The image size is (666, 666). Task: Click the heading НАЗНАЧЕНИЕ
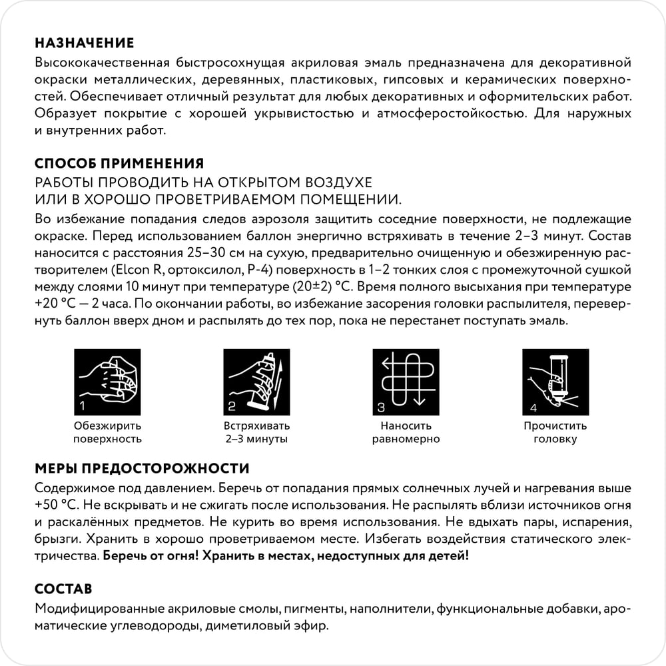pyautogui.click(x=84, y=44)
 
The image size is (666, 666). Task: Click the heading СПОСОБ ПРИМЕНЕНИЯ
pyautogui.click(x=119, y=164)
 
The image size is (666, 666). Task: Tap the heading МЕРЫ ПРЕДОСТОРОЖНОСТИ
pyautogui.click(x=142, y=468)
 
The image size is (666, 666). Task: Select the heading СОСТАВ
pyautogui.click(x=63, y=589)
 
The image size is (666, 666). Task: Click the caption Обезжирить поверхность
pyautogui.click(x=107, y=432)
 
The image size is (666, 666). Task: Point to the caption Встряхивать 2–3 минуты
pyautogui.click(x=256, y=432)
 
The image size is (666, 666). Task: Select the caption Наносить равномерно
pyautogui.click(x=406, y=432)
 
